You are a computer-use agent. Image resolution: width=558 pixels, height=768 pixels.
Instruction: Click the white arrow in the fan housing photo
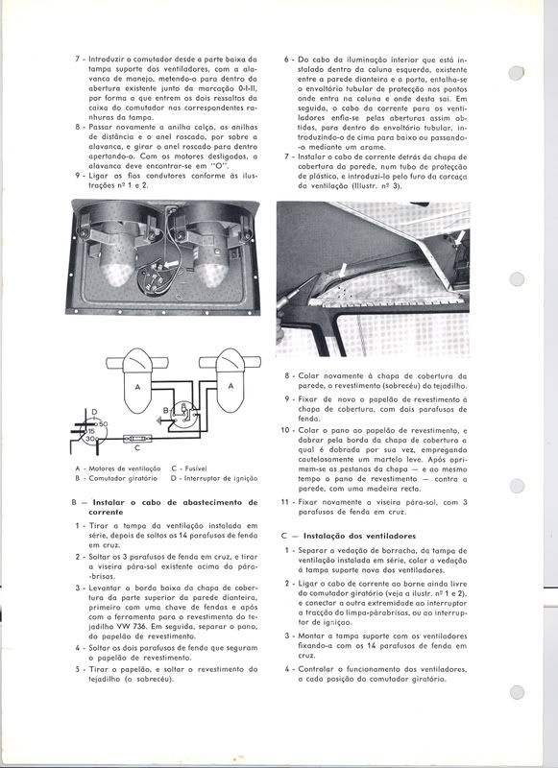click(x=171, y=265)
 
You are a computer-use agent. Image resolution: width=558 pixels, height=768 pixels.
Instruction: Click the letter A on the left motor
click(x=137, y=387)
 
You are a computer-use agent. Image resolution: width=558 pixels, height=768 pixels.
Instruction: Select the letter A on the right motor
click(x=230, y=386)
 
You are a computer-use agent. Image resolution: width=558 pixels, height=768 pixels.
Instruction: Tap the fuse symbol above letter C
click(x=137, y=439)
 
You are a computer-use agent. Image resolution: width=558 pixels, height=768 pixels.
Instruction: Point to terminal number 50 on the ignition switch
click(x=104, y=423)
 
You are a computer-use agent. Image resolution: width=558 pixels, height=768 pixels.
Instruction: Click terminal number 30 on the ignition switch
click(x=89, y=440)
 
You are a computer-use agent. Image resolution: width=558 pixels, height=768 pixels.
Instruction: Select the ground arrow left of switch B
click(x=159, y=420)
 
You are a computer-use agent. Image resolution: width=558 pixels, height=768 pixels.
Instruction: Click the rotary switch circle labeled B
click(x=184, y=414)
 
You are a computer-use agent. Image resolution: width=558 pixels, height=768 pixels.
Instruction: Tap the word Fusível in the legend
click(x=196, y=468)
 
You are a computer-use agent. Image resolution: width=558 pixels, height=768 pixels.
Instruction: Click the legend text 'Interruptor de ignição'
click(x=221, y=478)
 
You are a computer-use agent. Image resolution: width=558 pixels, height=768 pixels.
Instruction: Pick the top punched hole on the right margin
click(x=517, y=73)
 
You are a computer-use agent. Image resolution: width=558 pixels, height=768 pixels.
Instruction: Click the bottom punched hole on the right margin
click(x=517, y=692)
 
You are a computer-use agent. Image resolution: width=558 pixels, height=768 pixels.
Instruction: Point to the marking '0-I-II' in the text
click(x=247, y=88)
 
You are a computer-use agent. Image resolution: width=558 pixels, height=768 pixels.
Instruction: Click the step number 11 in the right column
click(x=285, y=502)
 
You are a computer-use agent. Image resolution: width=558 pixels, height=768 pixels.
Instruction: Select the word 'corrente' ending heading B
click(x=106, y=513)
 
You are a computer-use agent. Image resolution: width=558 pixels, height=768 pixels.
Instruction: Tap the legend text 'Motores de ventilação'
click(x=125, y=468)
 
